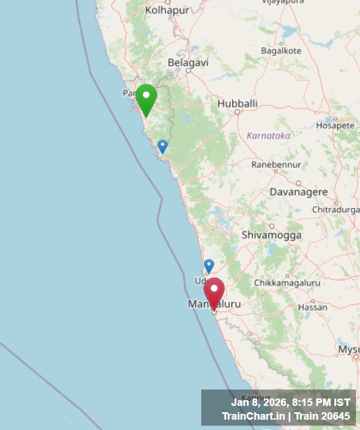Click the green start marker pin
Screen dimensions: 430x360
[x=146, y=98]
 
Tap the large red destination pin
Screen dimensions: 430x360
[x=214, y=292]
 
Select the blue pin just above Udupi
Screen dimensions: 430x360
[x=209, y=265]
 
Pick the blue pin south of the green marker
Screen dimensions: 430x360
[x=163, y=146]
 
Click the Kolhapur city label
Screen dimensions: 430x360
[x=166, y=10]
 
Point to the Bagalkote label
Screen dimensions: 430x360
[x=281, y=50]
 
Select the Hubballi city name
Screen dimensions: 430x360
[x=237, y=104]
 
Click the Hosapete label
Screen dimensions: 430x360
[x=335, y=125]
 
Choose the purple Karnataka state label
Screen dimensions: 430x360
[x=268, y=136]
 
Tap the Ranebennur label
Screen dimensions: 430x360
[x=276, y=165]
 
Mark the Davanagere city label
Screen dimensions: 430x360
[x=299, y=192]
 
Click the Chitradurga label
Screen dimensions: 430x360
[x=336, y=210]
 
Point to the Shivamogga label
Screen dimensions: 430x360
[x=272, y=235]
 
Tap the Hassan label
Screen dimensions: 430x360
[x=313, y=307]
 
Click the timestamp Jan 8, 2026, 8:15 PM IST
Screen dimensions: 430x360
[x=290, y=402]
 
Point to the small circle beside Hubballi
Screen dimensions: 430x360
[x=237, y=112]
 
